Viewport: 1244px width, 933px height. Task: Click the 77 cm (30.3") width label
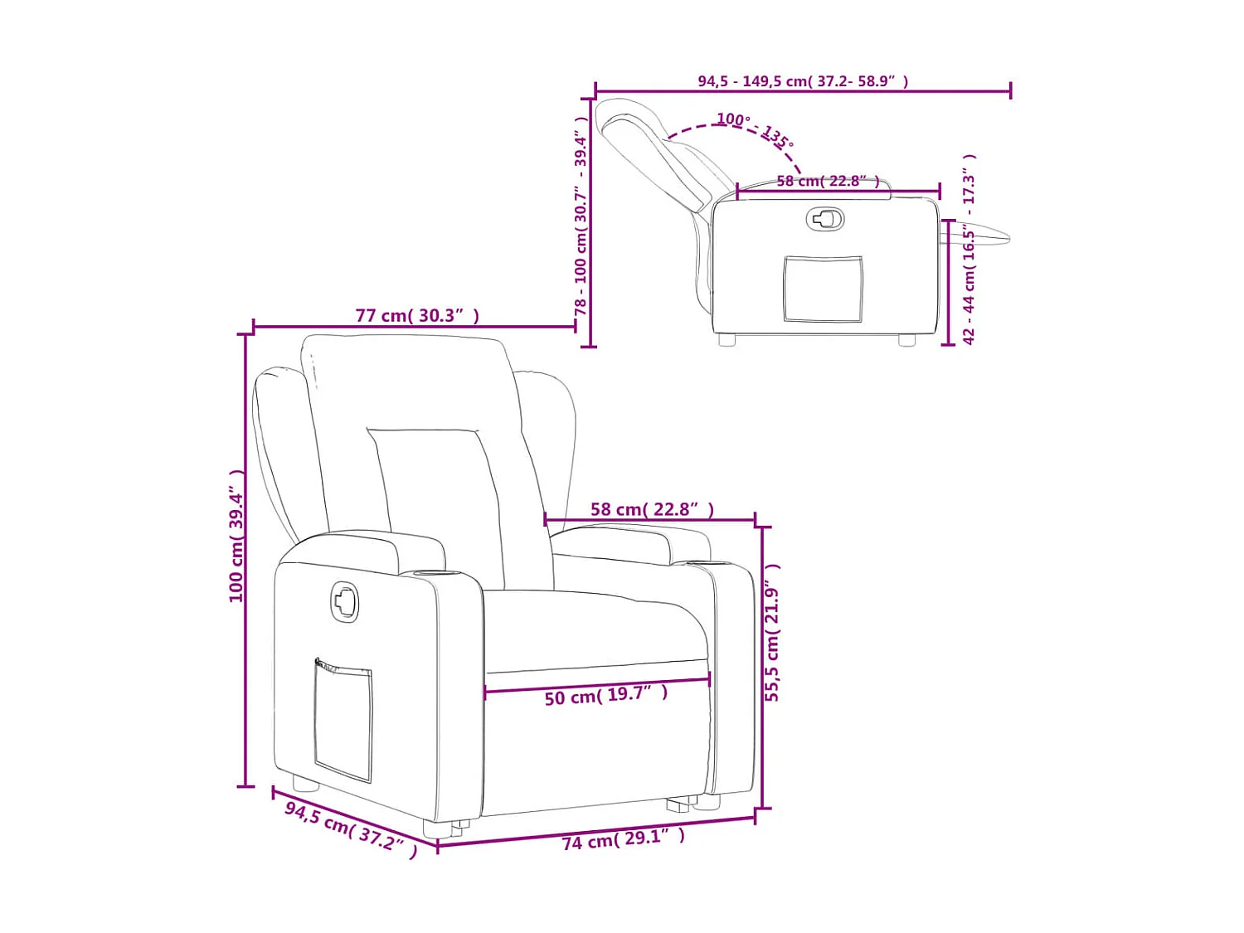(417, 316)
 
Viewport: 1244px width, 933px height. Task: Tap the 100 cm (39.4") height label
(237, 536)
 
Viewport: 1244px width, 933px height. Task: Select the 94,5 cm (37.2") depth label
(351, 829)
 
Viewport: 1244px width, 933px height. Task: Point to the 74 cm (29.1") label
(624, 839)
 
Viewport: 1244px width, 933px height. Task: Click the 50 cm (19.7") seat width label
(605, 696)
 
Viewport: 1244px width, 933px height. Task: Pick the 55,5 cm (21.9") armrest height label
(772, 633)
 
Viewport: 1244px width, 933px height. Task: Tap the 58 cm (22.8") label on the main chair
(652, 509)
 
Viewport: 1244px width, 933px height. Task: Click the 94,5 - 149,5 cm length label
(802, 81)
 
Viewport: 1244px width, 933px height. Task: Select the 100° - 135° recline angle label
(755, 129)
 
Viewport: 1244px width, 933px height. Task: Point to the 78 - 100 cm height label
(581, 216)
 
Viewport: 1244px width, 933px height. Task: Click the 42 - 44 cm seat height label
(969, 250)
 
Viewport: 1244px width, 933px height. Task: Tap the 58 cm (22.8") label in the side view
(828, 181)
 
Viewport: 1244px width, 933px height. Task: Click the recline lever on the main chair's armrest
(345, 601)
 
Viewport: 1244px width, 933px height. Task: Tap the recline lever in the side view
(824, 219)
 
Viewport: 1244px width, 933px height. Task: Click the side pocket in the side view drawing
(823, 289)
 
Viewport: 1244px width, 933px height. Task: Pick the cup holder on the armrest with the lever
(427, 572)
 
